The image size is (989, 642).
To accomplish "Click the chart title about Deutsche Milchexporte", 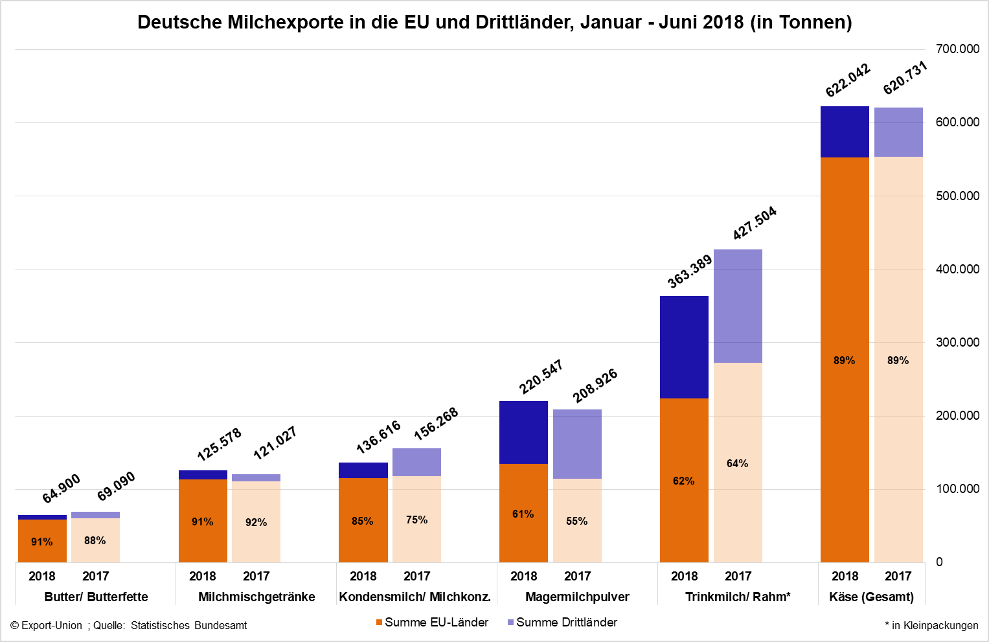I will [494, 22].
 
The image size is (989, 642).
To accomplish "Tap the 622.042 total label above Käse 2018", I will [848, 80].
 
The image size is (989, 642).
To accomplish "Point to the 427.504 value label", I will [755, 224].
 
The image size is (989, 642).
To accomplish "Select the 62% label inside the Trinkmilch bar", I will [683, 481].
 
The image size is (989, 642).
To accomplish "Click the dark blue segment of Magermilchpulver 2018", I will [523, 432].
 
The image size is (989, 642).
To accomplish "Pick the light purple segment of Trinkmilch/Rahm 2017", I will [738, 306].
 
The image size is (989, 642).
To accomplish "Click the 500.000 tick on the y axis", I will [957, 196].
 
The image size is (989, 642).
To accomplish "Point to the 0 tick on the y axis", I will [939, 562].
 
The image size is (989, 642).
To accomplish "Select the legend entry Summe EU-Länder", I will [432, 623].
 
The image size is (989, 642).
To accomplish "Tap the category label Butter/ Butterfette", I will [96, 597].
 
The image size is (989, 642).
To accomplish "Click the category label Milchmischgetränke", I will [256, 597].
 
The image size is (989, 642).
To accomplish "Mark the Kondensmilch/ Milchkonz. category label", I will [415, 597].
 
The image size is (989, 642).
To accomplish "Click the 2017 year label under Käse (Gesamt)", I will [898, 576].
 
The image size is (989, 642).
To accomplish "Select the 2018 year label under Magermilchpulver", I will [523, 576].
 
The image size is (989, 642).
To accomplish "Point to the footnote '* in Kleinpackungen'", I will [931, 625].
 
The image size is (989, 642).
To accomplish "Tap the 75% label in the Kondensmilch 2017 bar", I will [416, 520].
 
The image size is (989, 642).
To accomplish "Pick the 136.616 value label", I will [378, 437].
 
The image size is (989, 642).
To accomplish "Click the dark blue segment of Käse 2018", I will [845, 132].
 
